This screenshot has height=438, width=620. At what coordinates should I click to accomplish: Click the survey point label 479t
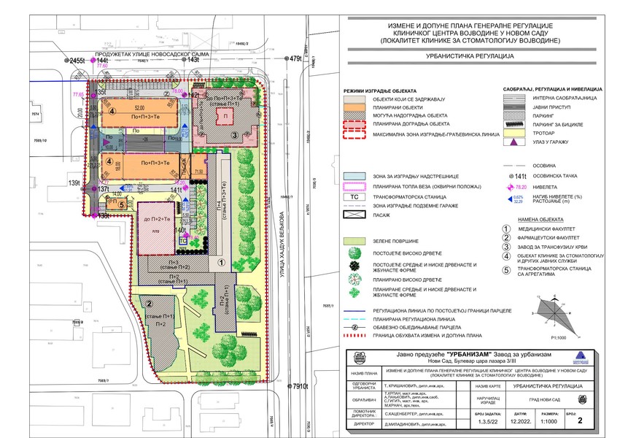click(x=295, y=58)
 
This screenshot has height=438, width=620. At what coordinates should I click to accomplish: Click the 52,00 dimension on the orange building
click(x=139, y=108)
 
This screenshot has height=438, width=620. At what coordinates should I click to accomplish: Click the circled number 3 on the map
click(x=234, y=134)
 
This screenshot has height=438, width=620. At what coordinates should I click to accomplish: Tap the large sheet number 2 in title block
click(x=580, y=420)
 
